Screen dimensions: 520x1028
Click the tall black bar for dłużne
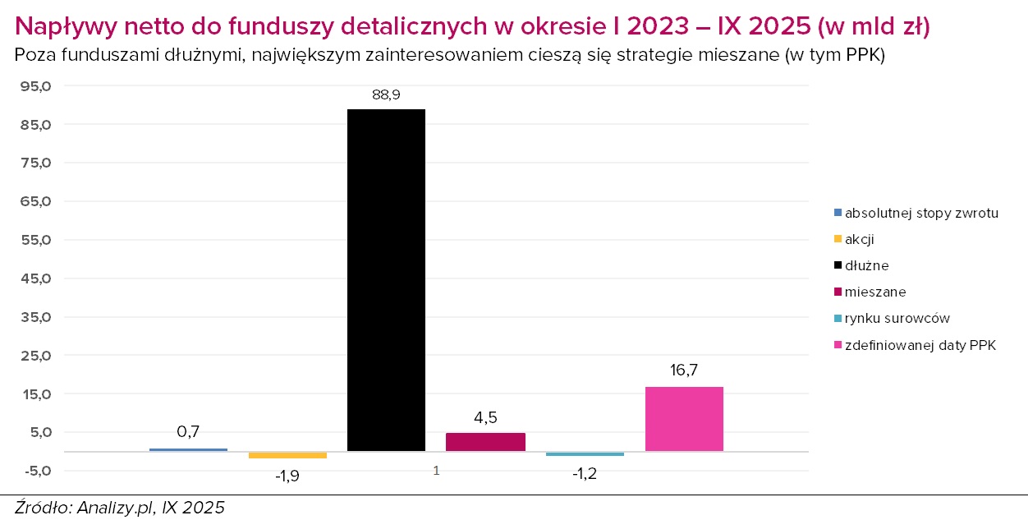386,279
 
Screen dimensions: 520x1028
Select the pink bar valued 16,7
684,418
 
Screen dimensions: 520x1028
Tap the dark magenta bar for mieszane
485,442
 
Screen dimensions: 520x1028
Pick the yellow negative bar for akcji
287,455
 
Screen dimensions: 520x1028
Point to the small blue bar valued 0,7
188,449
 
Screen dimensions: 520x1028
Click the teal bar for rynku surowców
585,453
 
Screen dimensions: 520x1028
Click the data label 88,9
386,95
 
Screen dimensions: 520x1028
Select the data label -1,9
287,476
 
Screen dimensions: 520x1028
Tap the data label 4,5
485,417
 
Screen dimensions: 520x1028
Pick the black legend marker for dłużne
838,266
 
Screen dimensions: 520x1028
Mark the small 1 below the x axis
436,471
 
